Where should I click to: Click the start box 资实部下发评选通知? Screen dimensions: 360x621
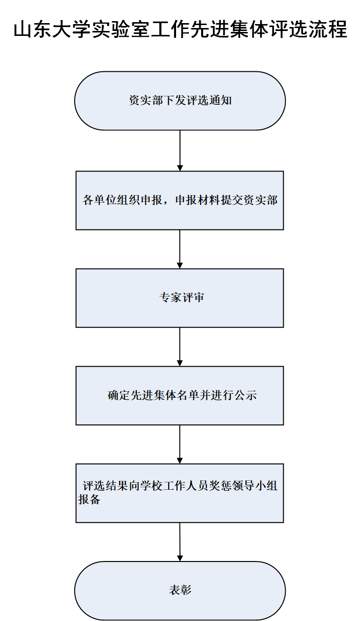[180, 101]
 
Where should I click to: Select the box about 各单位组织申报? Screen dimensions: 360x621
[180, 200]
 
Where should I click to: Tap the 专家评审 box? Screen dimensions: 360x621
[180, 298]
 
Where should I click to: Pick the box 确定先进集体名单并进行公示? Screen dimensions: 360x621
[180, 396]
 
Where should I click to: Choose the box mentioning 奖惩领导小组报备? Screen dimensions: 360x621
[180, 493]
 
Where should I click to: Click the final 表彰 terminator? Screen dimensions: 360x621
[180, 591]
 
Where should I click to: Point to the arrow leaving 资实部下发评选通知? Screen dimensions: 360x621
[180, 150]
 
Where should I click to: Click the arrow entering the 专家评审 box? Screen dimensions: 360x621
[180, 249]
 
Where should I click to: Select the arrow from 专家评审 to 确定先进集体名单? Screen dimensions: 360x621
[180, 347]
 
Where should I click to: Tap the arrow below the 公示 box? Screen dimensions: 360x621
[180, 444]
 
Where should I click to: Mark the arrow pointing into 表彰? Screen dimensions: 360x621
[180, 542]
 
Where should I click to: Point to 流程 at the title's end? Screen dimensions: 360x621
[328, 29]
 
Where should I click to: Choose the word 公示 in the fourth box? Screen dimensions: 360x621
[246, 395]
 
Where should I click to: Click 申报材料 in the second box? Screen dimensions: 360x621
[198, 200]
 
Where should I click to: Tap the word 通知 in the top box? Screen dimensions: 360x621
[220, 100]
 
